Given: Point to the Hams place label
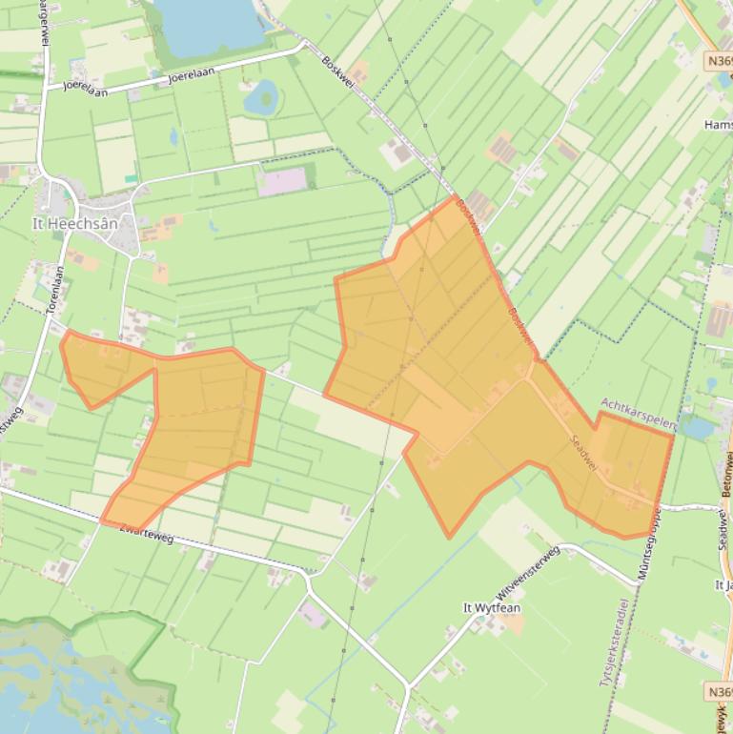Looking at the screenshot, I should pos(717,125).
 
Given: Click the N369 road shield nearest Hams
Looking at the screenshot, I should pos(719,61).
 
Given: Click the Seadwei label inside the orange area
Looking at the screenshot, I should pos(582,452).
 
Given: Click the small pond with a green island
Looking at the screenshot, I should pos(261,95).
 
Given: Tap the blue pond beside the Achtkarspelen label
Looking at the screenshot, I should pos(699,428).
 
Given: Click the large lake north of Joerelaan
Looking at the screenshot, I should pos(210,23).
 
